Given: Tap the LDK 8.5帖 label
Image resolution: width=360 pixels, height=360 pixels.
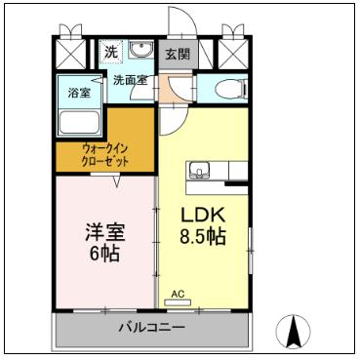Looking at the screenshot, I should click(202, 225).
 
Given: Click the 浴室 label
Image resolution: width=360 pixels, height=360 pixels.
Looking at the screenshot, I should click(78, 94).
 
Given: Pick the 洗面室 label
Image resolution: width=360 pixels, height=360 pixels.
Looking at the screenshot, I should click(130, 80).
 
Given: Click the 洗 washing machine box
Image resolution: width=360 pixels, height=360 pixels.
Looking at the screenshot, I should click(112, 52).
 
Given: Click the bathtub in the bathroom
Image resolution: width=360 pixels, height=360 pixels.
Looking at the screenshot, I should click(81, 122).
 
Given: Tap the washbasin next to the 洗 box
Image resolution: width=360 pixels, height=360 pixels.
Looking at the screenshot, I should click(142, 51).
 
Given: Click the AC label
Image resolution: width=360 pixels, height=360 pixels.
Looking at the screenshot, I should click(177, 293).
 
